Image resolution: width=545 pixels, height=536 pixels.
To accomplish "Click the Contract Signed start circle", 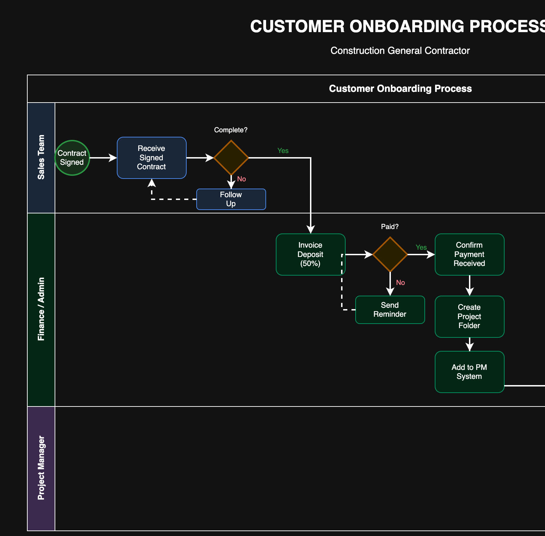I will (72, 158).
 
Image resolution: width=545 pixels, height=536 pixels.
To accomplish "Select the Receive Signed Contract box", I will (152, 158).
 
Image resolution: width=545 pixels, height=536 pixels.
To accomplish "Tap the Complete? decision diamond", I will (231, 158).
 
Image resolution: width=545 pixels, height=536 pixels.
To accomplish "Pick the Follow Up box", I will (231, 199).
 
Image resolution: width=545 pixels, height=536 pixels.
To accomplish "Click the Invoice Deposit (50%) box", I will (310, 255).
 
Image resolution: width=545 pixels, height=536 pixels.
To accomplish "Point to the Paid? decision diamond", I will (390, 255).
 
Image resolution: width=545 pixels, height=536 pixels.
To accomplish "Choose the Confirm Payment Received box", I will (469, 255).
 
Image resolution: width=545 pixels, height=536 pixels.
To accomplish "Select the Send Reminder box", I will (390, 310).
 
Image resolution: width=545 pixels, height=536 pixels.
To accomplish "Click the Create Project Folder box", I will (469, 317).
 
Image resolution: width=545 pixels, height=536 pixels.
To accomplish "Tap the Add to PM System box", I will (469, 372).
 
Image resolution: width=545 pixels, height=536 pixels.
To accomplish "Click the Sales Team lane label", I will (41, 157).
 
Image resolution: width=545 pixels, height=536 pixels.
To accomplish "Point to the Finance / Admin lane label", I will (41, 309).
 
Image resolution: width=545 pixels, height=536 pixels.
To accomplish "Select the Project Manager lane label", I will (41, 468).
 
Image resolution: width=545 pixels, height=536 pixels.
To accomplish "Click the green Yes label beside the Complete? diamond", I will (283, 151).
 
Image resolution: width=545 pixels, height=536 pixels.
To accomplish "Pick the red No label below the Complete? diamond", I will (242, 179).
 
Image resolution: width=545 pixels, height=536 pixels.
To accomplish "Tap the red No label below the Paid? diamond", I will (401, 283).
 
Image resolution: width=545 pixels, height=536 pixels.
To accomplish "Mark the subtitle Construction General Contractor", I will (400, 51).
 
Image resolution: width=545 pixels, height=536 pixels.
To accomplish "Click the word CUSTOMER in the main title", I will (297, 27).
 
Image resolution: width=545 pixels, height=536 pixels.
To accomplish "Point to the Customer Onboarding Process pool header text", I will (400, 89).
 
